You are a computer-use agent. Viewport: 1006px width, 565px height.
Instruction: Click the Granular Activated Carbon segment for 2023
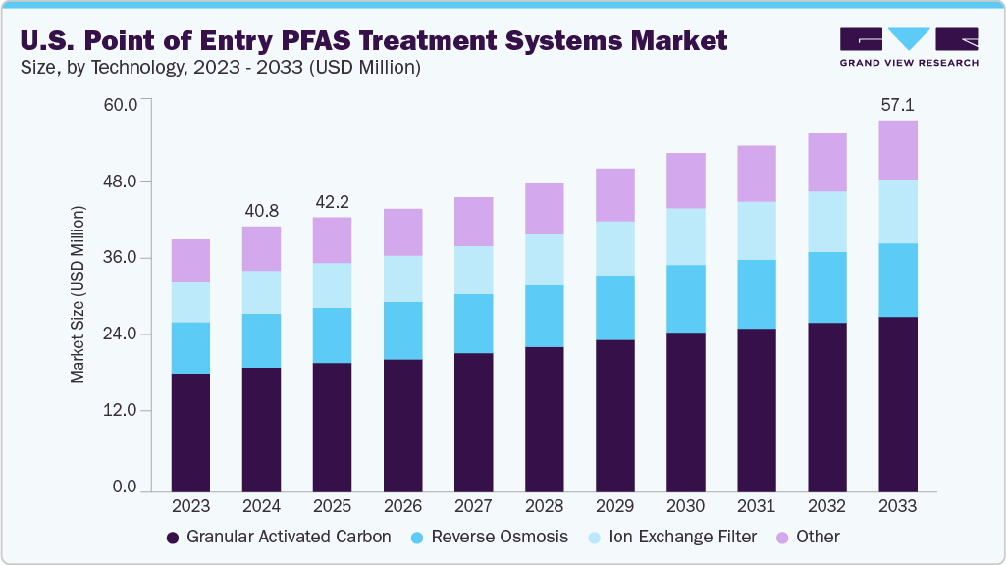tap(190, 432)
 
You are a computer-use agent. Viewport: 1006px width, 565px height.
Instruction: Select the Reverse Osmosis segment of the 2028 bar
tap(544, 316)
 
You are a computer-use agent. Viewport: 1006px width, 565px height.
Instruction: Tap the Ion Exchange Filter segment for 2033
tap(897, 212)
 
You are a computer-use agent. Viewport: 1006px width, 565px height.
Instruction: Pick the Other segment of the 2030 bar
tap(685, 180)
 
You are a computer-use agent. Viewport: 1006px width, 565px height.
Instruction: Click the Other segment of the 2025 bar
tap(332, 240)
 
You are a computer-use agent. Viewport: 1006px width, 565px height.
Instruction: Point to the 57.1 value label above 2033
tap(897, 104)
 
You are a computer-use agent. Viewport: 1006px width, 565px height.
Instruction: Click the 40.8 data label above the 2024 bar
tap(261, 210)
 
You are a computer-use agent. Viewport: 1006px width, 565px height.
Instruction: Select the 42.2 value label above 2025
tap(332, 201)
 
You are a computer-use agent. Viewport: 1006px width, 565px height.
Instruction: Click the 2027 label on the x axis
tap(473, 506)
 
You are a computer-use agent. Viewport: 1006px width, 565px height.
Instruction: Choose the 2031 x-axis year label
tap(756, 506)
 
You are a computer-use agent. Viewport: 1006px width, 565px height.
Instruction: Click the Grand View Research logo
tap(909, 48)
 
